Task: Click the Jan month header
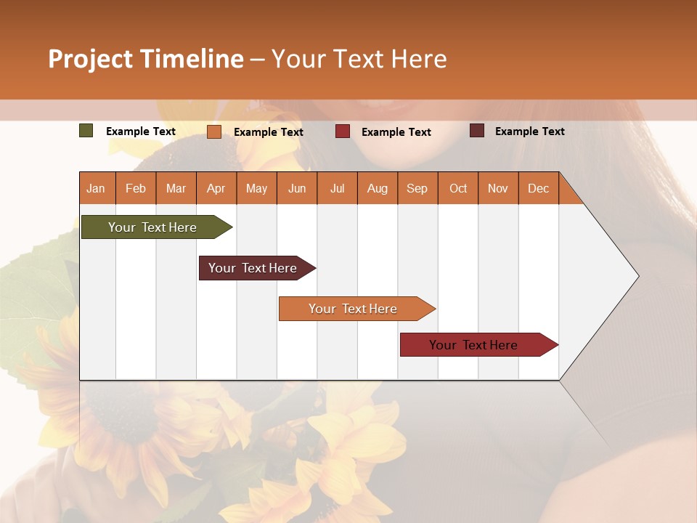pos(96,188)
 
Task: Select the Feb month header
pos(136,188)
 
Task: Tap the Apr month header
pos(216,188)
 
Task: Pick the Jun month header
pos(297,188)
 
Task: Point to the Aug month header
pos(377,188)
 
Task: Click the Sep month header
pos(417,188)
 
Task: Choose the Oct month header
pos(458,188)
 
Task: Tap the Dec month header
pos(538,188)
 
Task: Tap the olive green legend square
pos(86,131)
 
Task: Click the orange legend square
pos(214,131)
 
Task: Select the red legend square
pos(343,131)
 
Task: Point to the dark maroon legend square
pos(477,131)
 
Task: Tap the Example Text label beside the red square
pos(396,132)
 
